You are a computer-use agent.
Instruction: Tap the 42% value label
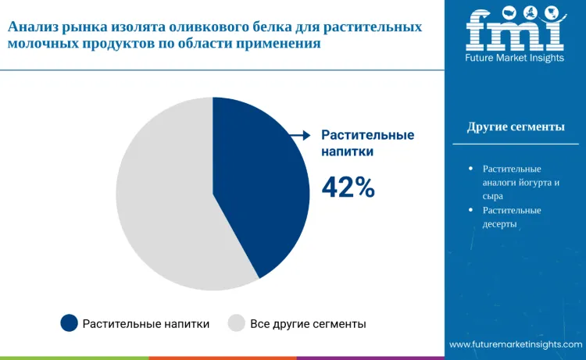click(x=348, y=187)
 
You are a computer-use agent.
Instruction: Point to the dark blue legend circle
click(x=70, y=323)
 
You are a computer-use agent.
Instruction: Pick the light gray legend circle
click(x=236, y=323)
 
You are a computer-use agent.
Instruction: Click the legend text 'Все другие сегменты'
click(x=308, y=323)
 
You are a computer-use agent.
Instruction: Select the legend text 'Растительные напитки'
click(x=146, y=323)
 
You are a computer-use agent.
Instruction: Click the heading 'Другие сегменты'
click(x=516, y=127)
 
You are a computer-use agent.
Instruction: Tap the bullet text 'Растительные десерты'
click(x=512, y=217)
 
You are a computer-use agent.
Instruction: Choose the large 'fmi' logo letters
click(x=515, y=31)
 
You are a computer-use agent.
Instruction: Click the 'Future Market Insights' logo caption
click(x=515, y=59)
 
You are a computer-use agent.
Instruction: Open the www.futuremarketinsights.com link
click(x=516, y=344)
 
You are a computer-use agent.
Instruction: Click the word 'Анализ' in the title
click(x=31, y=27)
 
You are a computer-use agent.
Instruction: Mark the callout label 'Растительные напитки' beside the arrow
click(x=367, y=143)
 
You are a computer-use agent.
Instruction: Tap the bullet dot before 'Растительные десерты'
click(x=470, y=210)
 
